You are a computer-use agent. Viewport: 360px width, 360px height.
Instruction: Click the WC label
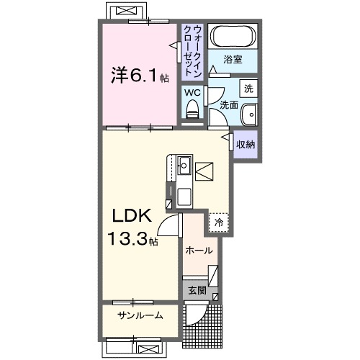tap(192, 92)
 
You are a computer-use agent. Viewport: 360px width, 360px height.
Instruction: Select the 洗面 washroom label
tap(228, 105)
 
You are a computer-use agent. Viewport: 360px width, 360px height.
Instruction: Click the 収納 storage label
tap(246, 144)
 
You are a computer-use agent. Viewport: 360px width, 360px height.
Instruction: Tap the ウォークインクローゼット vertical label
tap(192, 51)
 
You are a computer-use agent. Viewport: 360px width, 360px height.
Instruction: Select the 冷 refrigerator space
tap(218, 223)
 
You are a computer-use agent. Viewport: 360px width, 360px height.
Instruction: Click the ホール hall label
tap(199, 251)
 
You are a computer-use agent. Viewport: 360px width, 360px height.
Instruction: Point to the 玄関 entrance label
tap(197, 292)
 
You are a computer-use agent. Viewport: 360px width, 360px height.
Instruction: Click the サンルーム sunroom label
tap(140, 315)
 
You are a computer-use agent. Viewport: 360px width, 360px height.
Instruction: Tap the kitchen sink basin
tap(184, 165)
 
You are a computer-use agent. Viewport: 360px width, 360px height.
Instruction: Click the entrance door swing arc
tap(195, 315)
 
